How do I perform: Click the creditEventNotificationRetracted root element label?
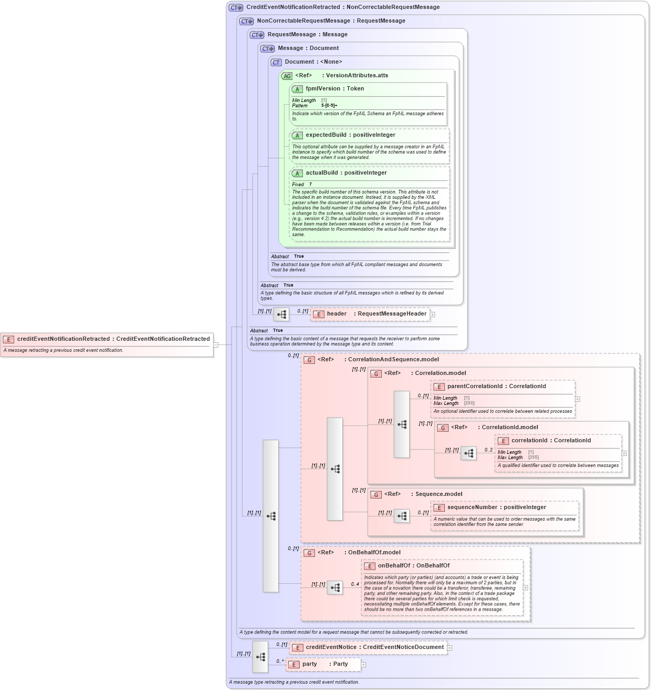pos(113,339)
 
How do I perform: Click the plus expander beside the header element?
pos(433,314)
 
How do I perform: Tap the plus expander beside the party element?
pos(363,665)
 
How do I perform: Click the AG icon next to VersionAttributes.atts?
pos(287,76)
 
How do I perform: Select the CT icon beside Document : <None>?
pos(276,63)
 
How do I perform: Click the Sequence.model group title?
pos(439,494)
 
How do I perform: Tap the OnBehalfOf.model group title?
pos(374,553)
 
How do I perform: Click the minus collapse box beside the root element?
pos(216,345)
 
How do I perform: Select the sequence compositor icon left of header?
pos(281,314)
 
